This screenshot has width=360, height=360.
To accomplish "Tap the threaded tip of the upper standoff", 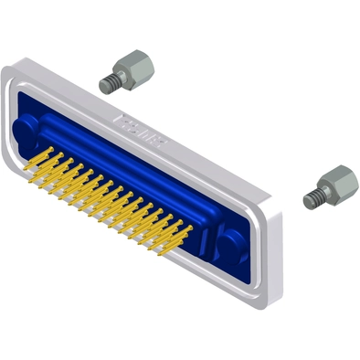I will pos(110,83).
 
